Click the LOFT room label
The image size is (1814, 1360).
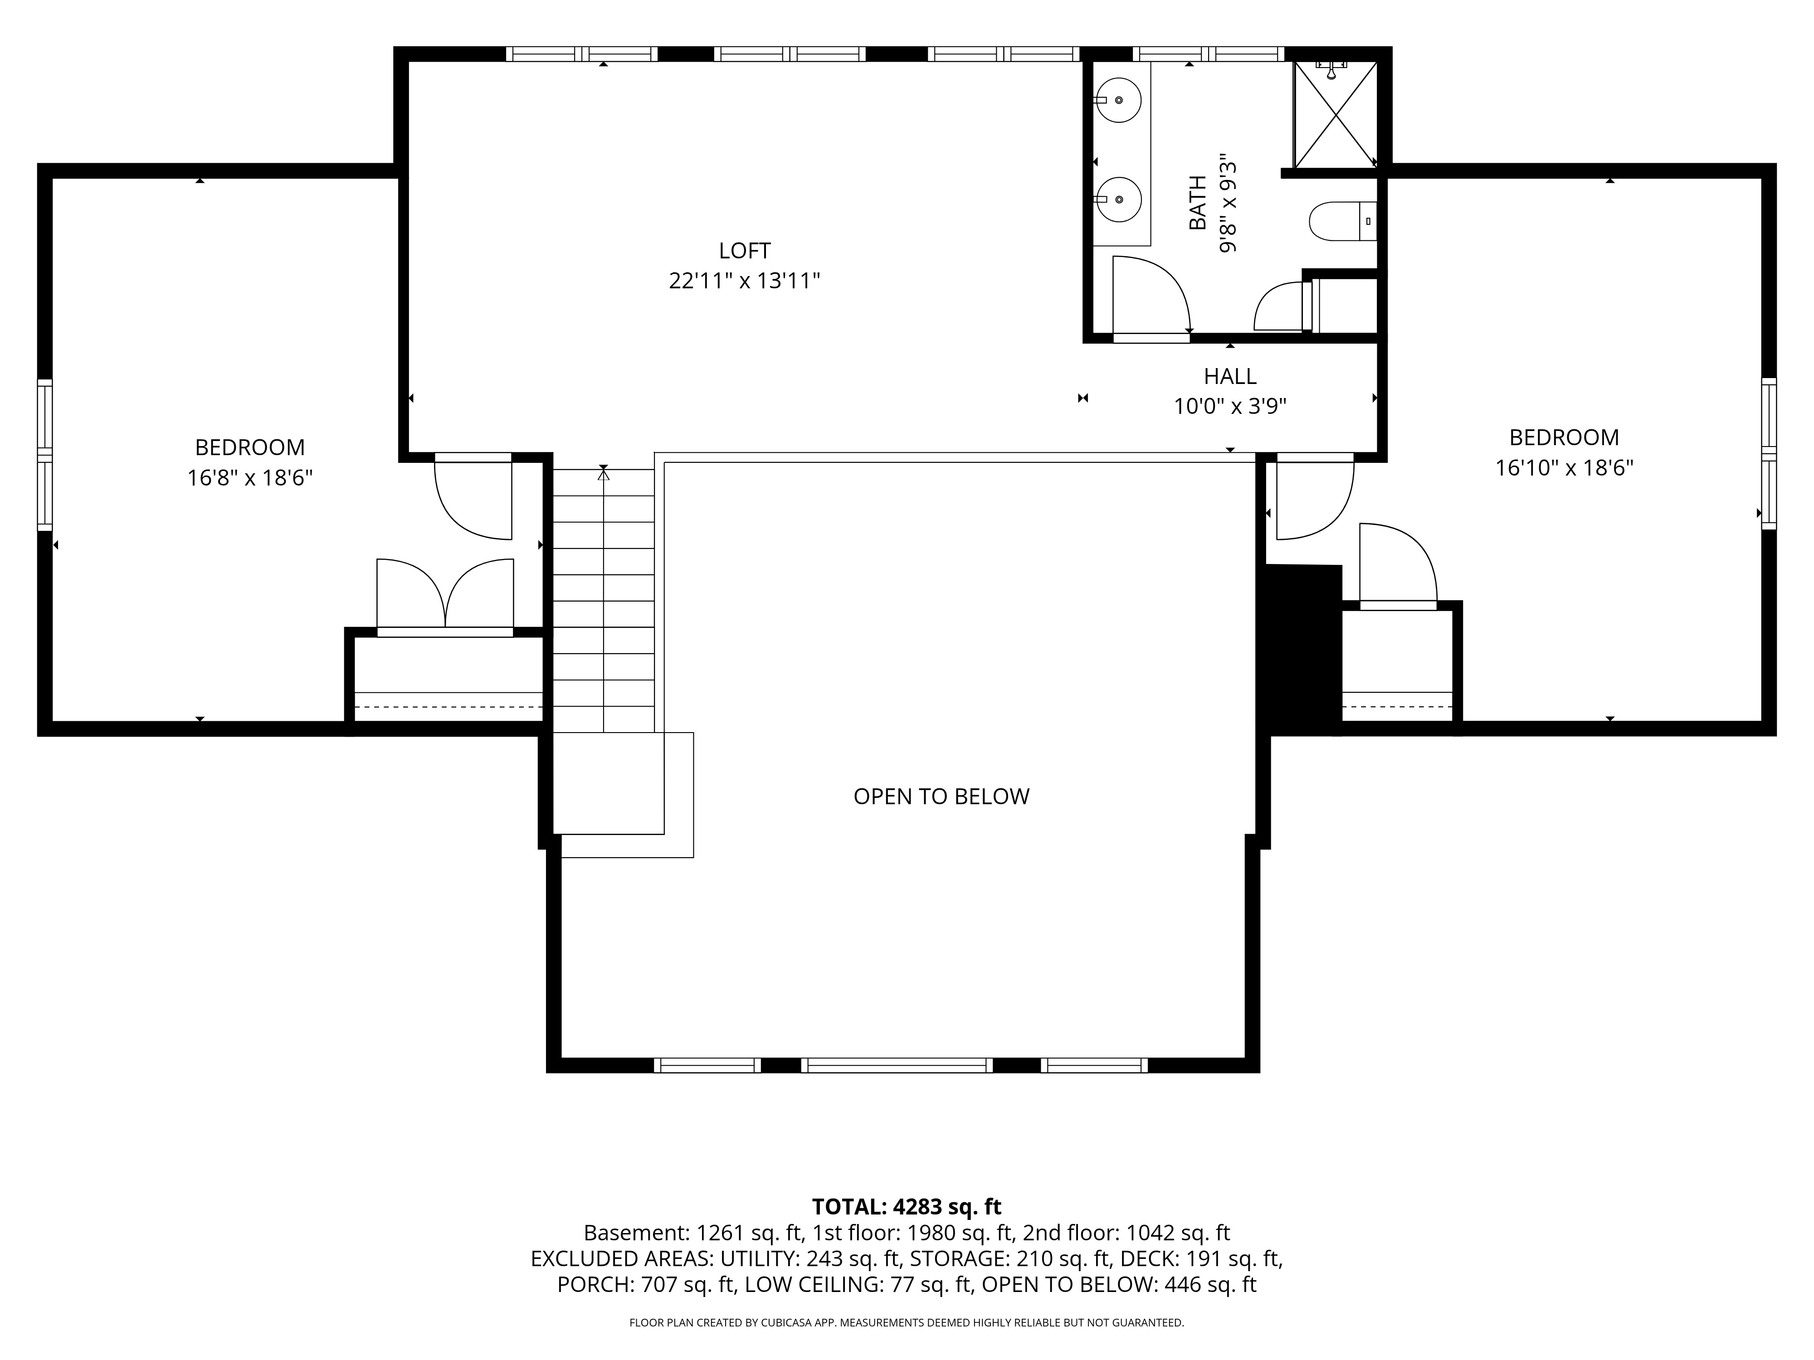click(x=745, y=250)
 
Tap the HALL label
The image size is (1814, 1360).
click(x=1229, y=376)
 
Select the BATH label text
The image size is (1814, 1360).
click(x=1198, y=203)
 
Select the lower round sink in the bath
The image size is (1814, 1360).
click(x=1119, y=199)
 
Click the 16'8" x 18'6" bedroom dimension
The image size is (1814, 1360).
click(x=250, y=478)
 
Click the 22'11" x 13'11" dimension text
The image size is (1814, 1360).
click(x=745, y=281)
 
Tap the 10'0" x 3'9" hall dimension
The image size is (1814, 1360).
click(x=1229, y=407)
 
